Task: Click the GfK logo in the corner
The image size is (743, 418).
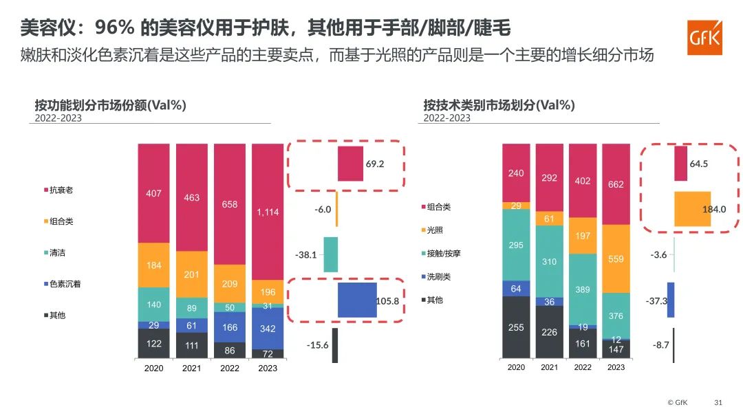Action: pos(704,37)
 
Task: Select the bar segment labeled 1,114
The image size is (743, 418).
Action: pos(268,212)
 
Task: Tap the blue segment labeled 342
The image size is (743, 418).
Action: pos(268,329)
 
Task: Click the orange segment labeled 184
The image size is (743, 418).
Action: pos(153,265)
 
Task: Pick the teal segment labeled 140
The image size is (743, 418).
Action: pos(153,305)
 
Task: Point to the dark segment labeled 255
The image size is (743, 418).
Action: pos(516,327)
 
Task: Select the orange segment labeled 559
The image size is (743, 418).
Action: pos(616,259)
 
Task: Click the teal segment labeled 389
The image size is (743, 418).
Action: pos(583,289)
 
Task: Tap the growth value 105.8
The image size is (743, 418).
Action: pos(387,301)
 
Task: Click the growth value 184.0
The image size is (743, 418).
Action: pos(714,209)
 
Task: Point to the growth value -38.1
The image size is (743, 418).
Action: pos(305,254)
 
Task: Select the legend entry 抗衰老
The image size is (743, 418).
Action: pos(58,190)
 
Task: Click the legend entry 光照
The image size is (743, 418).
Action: pos(432,230)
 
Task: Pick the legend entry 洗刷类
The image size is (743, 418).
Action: pos(436,276)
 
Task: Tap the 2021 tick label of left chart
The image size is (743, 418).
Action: pos(191,368)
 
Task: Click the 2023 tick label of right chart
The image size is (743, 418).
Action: pos(616,367)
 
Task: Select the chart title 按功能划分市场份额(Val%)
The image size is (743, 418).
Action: pos(110,104)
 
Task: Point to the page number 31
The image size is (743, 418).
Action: pos(718,402)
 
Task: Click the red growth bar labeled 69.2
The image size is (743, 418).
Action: pos(351,164)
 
